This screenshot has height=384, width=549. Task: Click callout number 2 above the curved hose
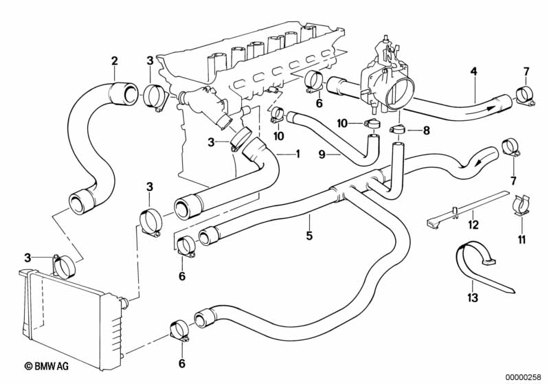tap(115, 61)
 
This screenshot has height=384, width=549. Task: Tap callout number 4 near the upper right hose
tap(473, 71)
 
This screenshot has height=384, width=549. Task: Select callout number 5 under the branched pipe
tap(309, 236)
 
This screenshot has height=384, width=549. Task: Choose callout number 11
tap(522, 239)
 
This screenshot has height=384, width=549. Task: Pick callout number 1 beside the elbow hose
tap(298, 153)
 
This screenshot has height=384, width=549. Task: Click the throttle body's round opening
tap(402, 93)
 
